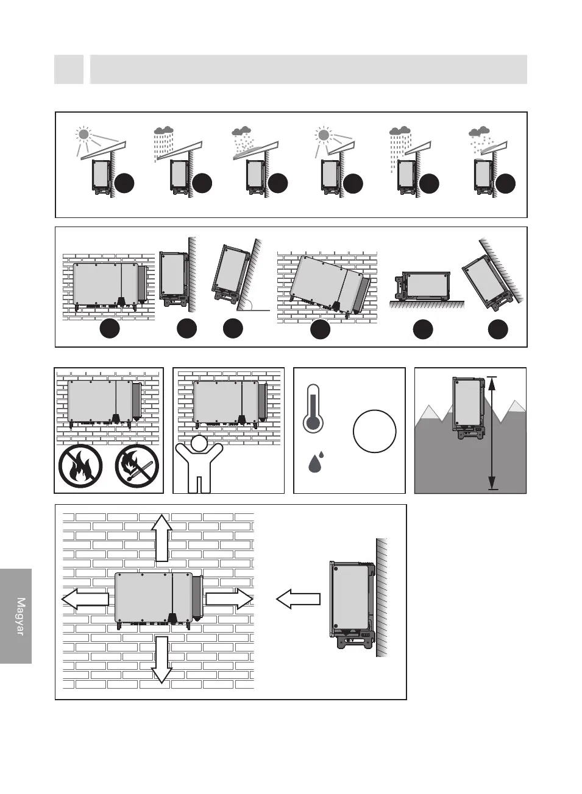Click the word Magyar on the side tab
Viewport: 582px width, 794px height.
point(20,616)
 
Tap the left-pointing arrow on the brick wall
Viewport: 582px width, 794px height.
point(85,599)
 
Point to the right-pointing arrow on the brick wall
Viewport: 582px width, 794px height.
point(229,599)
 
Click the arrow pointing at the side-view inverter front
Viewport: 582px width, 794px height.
point(298,599)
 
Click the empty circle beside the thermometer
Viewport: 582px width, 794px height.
point(374,431)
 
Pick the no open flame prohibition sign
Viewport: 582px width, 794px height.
point(80,466)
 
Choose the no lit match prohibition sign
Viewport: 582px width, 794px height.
point(137,466)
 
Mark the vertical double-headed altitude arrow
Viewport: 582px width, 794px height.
point(492,433)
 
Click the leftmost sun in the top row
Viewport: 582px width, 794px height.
point(83,135)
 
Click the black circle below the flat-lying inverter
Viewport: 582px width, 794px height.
point(422,329)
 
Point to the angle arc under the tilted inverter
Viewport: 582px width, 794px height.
point(247,304)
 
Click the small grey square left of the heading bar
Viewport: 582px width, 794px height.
point(69,69)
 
